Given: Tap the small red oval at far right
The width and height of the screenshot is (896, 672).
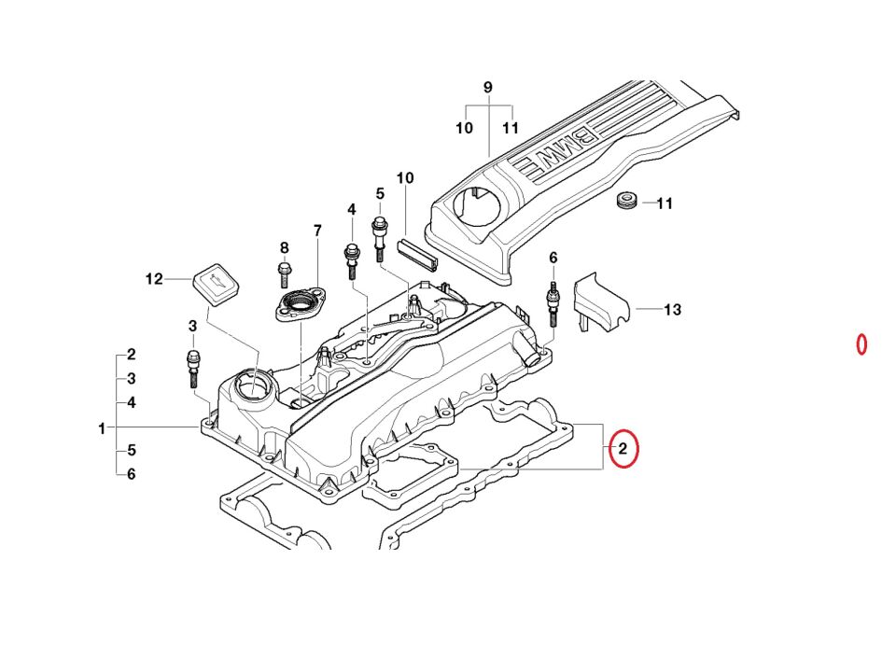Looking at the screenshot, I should [x=862, y=344].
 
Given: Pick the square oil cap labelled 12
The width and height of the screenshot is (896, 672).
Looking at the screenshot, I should [x=215, y=282].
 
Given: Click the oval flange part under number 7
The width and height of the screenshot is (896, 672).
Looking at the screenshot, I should [x=298, y=305].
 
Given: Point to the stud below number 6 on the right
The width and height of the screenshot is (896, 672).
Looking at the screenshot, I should [x=553, y=303].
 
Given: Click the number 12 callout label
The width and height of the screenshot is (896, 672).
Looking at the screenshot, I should [x=154, y=278].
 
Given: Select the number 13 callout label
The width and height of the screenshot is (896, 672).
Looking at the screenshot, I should [x=672, y=309].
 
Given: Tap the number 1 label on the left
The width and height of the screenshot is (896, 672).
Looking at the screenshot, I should [x=102, y=428].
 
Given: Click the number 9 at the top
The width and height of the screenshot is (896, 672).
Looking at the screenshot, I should [x=487, y=88].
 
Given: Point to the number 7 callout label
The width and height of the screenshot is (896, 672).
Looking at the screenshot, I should [x=316, y=230].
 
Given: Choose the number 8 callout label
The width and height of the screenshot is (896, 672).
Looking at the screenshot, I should [x=285, y=247].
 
